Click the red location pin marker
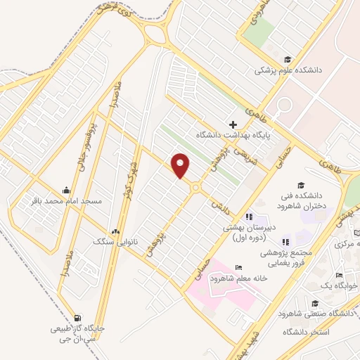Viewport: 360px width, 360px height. (x=181, y=165)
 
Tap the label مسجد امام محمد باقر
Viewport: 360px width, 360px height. (x=65, y=201)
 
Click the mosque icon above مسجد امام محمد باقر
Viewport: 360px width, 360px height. (x=66, y=190)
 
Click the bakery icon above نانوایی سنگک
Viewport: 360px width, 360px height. (x=115, y=231)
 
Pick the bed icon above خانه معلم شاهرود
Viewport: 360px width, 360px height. (x=238, y=267)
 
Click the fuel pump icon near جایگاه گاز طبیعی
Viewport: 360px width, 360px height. (x=77, y=317)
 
